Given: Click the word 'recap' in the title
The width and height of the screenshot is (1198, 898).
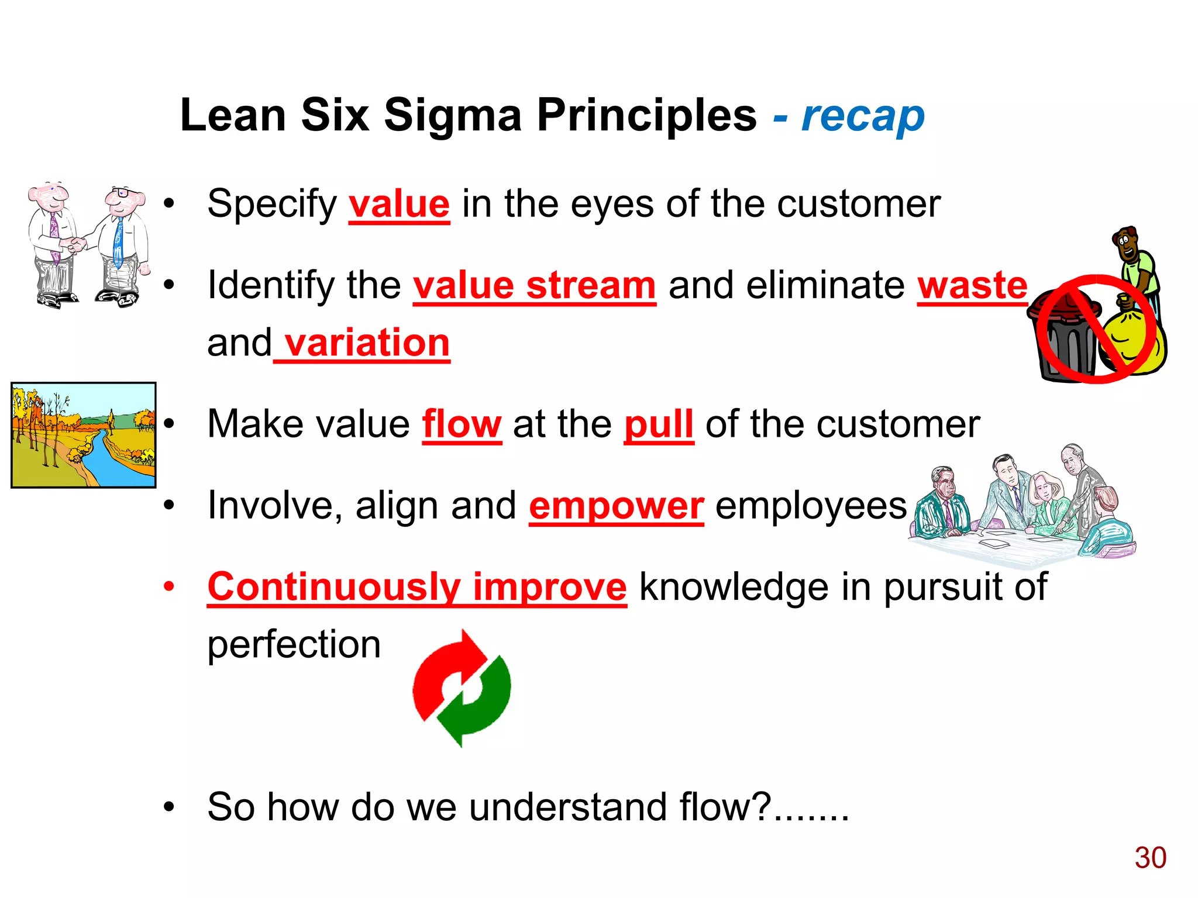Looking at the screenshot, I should pos(863,117).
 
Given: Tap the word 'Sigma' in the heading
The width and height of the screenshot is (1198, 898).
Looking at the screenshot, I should pos(452,115).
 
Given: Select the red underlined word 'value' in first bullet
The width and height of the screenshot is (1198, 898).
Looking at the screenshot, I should pos(399,205).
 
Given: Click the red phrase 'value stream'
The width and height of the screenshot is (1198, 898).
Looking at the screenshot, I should pos(534,286).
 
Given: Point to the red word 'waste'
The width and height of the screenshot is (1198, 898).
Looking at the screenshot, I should pos(972,286).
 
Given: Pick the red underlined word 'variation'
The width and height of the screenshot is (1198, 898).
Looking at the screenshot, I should pos(367,343).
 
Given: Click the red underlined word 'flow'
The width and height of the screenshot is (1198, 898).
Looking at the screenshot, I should pos(462,424).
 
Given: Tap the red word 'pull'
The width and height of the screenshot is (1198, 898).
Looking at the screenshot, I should pos(659,424).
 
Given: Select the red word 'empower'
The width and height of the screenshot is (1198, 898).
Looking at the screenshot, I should pos(616,506).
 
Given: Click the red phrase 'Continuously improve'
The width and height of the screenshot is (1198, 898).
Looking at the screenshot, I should pos(417,587).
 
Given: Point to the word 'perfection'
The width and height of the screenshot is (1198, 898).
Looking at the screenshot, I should pos(294,644).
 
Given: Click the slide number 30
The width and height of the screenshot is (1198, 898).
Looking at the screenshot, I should pos(1150,858).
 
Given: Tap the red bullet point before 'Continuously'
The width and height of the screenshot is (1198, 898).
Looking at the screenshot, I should pos(169,586).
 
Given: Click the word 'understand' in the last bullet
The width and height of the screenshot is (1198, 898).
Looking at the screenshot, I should pos(567,807).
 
